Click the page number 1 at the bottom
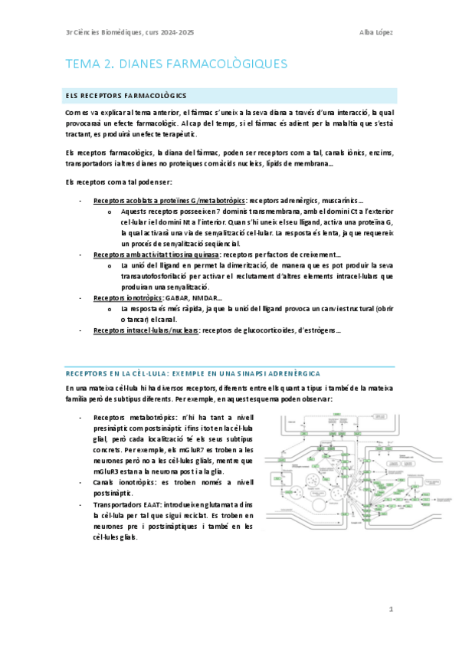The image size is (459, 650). (390, 609)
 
